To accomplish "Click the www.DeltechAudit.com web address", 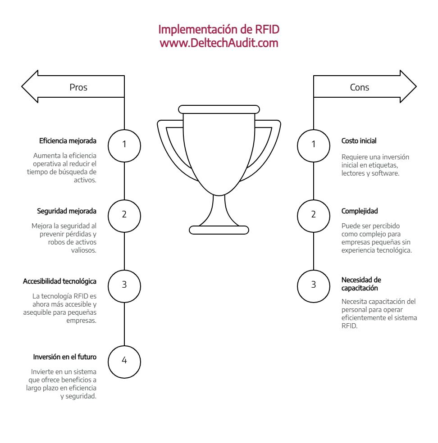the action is click(219, 43).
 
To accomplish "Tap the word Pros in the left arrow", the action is click(78, 87).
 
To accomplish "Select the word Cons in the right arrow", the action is click(360, 87).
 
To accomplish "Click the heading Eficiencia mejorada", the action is click(68, 141).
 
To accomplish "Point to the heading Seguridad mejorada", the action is click(67, 211).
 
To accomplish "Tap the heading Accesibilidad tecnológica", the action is click(59, 281).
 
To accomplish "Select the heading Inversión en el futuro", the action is click(65, 357).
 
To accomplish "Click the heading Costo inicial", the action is click(359, 141).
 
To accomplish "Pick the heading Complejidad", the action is click(360, 211).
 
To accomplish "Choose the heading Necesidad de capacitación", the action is click(361, 284).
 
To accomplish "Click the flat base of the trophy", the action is click(219, 230).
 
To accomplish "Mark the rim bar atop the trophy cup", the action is click(219, 109).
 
